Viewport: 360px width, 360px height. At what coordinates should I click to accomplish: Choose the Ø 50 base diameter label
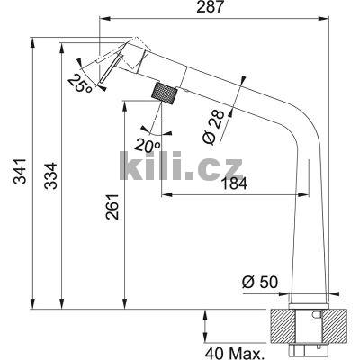[x=257, y=282]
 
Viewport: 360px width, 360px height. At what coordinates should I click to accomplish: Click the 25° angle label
[x=78, y=83]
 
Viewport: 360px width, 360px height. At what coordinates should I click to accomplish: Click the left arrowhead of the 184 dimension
[x=164, y=196]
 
